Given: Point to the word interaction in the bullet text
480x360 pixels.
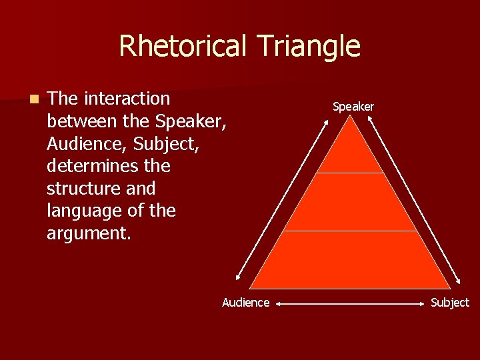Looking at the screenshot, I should (126, 99).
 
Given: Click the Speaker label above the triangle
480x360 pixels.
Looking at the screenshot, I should (353, 107).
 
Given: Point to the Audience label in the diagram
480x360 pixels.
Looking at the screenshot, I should (245, 303).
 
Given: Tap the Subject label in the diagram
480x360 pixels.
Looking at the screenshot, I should (450, 303).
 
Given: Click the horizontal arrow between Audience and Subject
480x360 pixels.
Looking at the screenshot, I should (350, 303).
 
